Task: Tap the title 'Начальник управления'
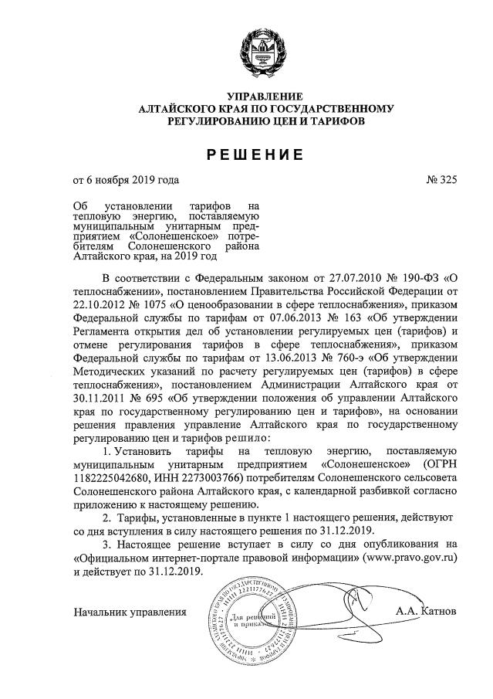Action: pyautogui.click(x=130, y=612)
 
